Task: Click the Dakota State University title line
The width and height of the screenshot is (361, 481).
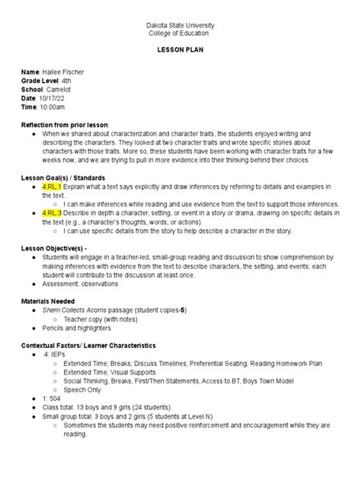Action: click(180, 26)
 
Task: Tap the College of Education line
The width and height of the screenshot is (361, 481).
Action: click(180, 34)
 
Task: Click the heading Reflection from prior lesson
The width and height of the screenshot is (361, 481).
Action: click(65, 123)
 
